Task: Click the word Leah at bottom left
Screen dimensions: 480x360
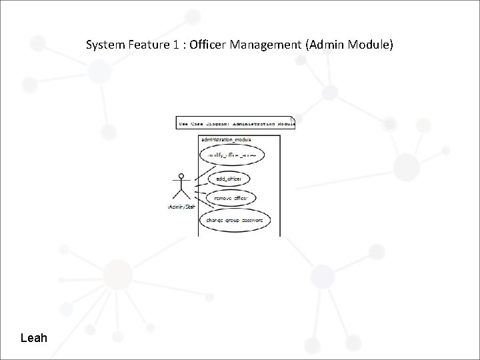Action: coord(34,338)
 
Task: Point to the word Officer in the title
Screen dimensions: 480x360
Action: coord(210,46)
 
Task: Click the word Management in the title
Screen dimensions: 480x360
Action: coord(269,46)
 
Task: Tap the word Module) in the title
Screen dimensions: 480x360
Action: coord(371,46)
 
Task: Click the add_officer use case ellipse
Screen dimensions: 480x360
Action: coord(229,179)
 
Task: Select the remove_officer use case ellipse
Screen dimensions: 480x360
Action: coord(231,198)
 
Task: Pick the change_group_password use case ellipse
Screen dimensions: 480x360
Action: coord(234,219)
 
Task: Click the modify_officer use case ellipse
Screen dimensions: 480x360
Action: coord(232,155)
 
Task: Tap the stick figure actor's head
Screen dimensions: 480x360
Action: coord(178,177)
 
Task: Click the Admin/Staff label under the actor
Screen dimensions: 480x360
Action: coord(181,207)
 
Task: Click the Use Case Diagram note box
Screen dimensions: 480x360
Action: coord(235,123)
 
